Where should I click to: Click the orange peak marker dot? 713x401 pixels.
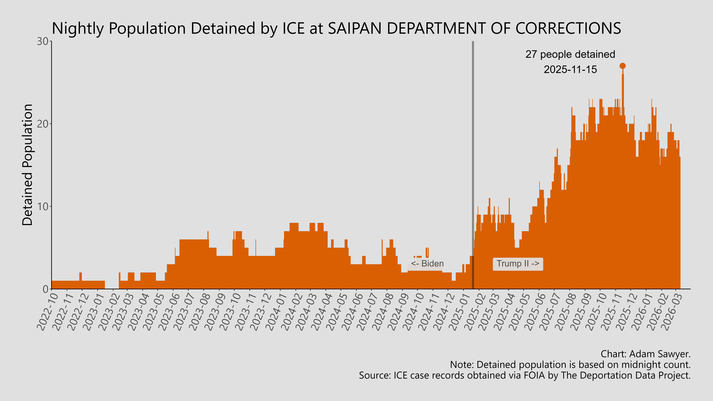(622, 66)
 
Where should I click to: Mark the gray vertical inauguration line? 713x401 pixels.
(473, 138)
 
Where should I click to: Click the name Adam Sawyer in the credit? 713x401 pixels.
(659, 354)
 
